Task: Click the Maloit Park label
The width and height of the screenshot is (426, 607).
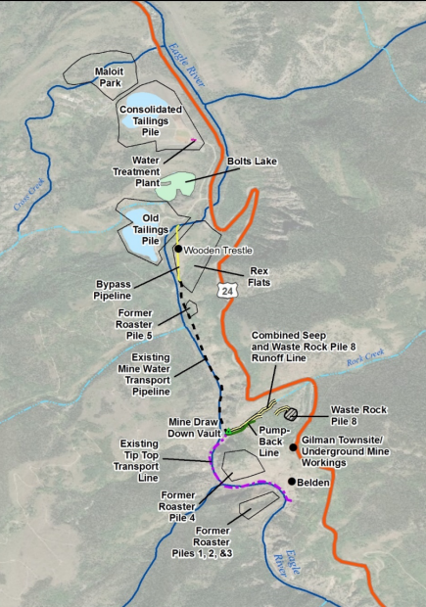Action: point(109,77)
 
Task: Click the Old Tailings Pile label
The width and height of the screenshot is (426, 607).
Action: point(151,228)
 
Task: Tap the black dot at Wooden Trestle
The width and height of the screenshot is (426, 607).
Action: point(178,250)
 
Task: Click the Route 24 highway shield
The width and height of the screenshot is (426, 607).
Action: point(227,291)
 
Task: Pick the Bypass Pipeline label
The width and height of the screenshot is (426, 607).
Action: point(119,289)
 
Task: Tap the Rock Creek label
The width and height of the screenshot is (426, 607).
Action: point(368,359)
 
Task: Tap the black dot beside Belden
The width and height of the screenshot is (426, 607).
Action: point(292,481)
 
